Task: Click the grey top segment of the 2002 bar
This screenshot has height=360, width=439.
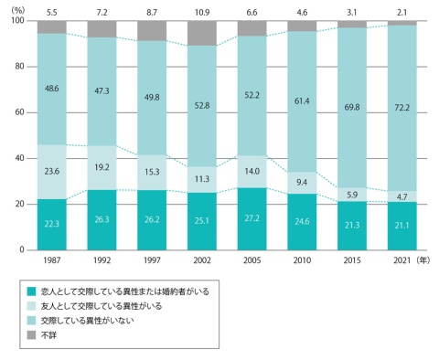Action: (x=204, y=33)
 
